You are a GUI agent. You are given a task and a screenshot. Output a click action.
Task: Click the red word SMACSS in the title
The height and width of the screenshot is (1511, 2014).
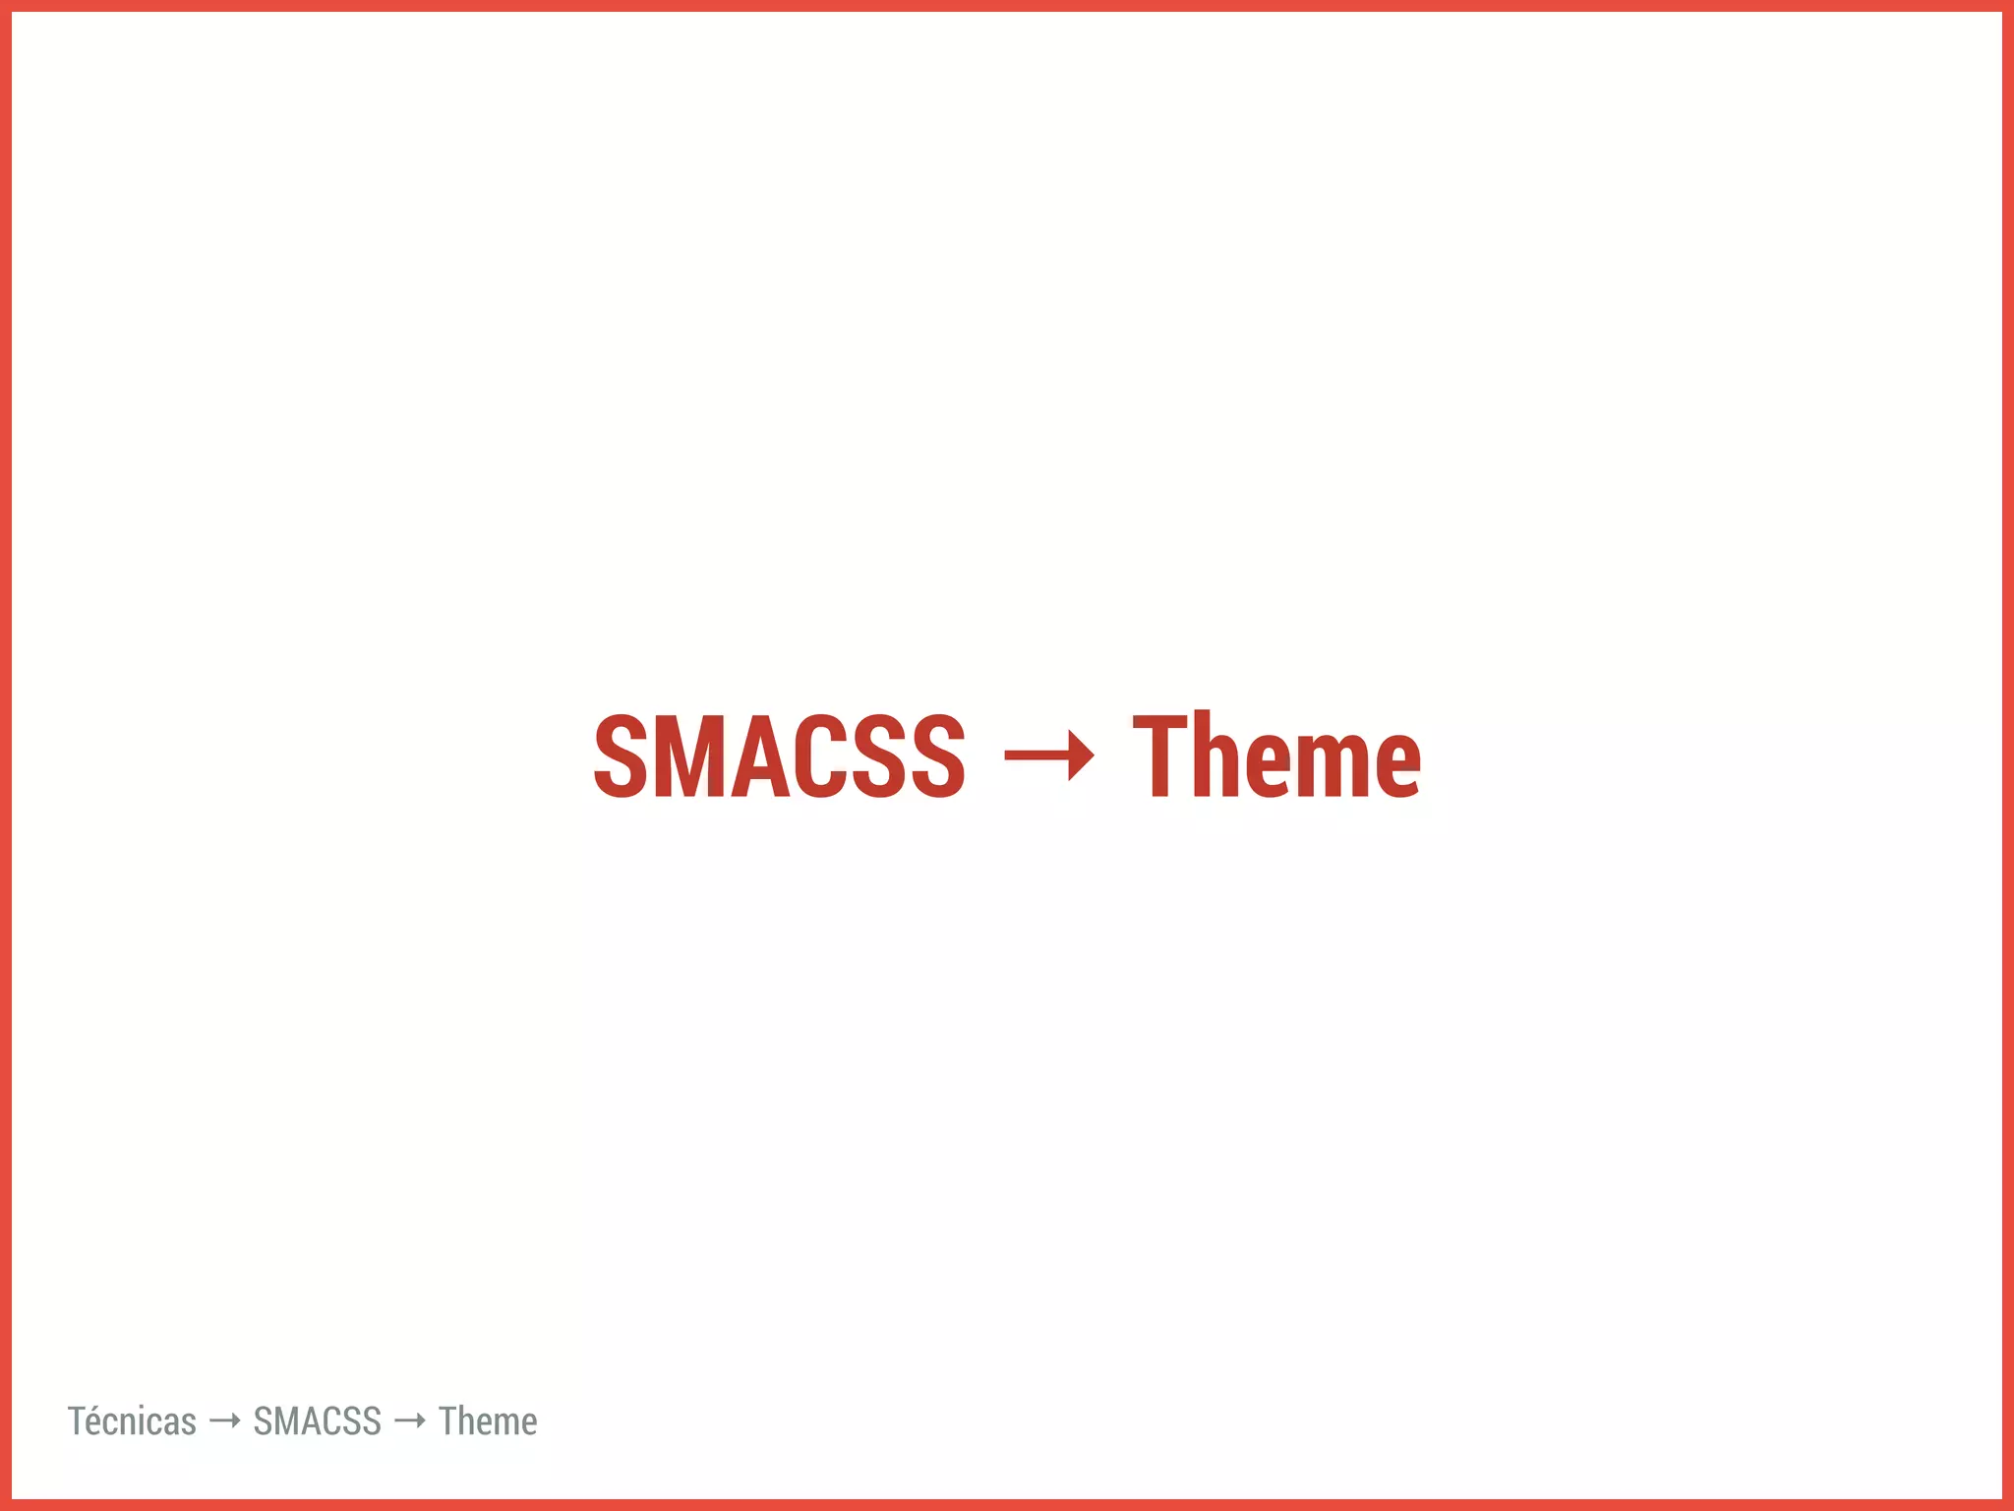(x=779, y=755)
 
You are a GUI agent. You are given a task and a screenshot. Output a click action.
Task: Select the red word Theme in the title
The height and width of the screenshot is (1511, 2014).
(x=1276, y=755)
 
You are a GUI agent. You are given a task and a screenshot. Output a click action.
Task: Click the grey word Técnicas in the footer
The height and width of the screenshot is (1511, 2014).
(x=132, y=1421)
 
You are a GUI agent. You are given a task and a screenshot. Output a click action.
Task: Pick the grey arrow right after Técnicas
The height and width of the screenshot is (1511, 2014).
(x=225, y=1420)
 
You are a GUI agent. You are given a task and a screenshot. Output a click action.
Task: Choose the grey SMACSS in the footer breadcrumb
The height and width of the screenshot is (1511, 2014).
(x=317, y=1421)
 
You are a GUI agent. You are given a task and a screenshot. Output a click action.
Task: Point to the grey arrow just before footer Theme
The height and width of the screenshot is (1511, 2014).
(x=409, y=1420)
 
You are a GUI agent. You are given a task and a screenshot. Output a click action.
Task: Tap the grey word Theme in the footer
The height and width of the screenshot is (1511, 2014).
(x=488, y=1421)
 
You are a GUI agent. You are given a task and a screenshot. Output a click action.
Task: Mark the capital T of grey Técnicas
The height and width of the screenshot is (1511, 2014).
(x=78, y=1421)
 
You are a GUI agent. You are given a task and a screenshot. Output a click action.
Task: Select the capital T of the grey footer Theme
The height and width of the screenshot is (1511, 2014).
(x=448, y=1421)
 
